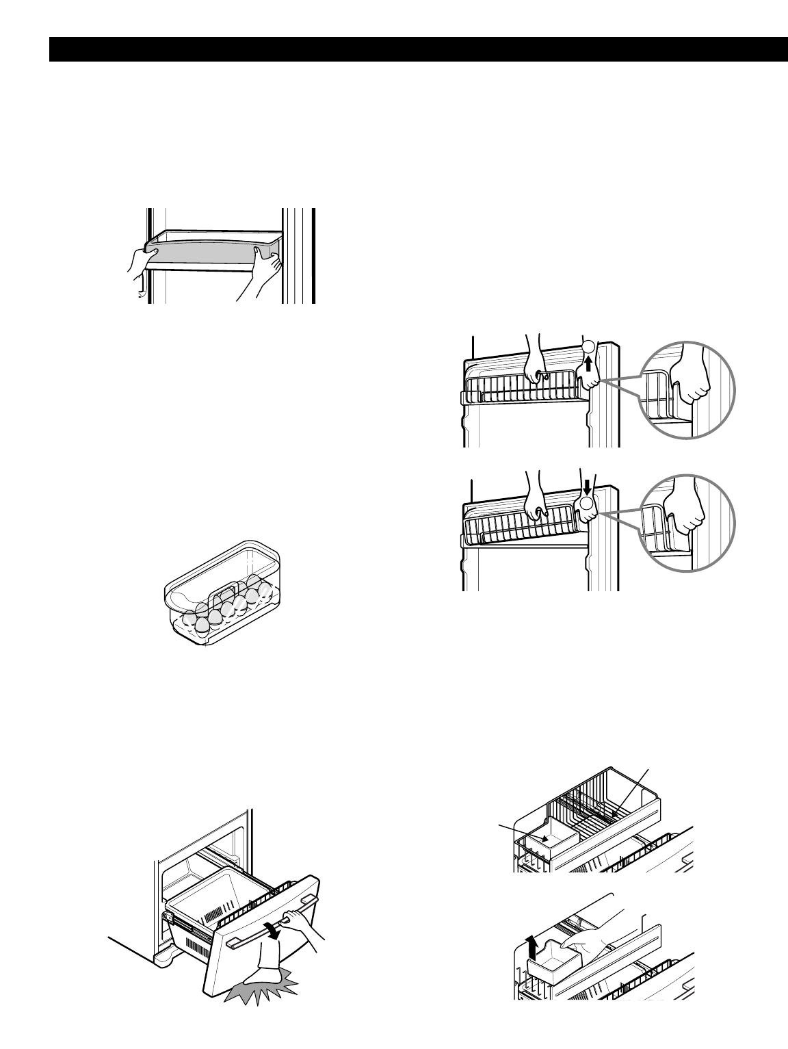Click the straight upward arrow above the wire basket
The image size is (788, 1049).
[588, 362]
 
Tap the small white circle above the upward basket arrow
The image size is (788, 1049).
[587, 346]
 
